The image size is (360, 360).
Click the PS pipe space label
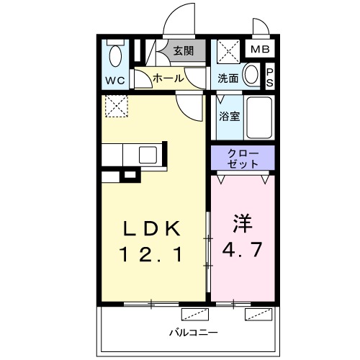270,76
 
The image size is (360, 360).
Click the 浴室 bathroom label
229,116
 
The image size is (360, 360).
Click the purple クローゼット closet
242,158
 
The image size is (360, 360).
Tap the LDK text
150,229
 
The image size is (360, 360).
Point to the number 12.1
150,253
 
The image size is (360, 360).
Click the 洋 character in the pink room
241,223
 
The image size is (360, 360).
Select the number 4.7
241,253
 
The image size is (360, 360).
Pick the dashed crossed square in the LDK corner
115,106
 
